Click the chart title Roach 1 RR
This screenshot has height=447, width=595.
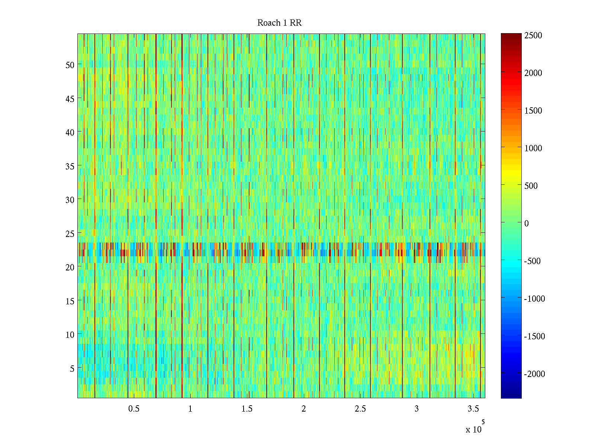click(279, 23)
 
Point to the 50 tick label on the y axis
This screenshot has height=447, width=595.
click(70, 65)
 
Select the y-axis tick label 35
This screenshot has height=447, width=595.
click(70, 166)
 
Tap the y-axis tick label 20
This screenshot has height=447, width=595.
click(70, 267)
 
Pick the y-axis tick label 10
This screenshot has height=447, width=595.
click(70, 335)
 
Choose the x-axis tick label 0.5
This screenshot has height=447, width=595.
click(134, 409)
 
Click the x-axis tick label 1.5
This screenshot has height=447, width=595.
click(247, 409)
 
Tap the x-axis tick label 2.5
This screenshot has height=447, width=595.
click(360, 409)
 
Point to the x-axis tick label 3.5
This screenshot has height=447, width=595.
click(473, 409)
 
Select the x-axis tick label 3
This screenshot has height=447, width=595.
click(416, 409)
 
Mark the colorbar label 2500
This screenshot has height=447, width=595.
click(533, 36)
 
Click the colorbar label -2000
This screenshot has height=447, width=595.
click(534, 374)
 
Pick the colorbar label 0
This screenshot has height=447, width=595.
click(527, 223)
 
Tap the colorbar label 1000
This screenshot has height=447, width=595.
click(533, 148)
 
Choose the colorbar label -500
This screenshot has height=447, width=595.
click(532, 261)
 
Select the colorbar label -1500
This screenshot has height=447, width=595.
click(534, 336)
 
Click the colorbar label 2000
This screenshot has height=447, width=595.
click(533, 73)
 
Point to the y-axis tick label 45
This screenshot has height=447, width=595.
click(70, 99)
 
